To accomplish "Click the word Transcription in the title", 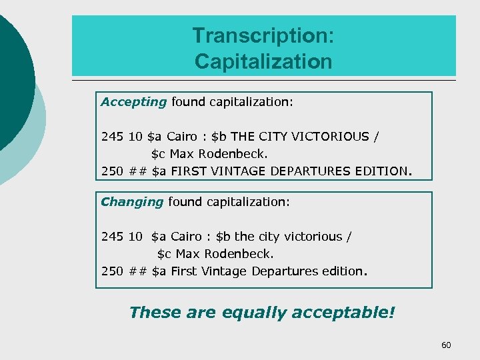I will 263,35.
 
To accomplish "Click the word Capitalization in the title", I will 263,61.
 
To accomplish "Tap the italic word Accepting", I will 133,102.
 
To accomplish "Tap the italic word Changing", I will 132,201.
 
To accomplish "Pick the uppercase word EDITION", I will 384,171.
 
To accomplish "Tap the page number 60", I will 446,345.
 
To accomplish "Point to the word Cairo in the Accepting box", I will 181,137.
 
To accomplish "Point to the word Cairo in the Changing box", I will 186,237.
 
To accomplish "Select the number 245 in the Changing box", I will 112,237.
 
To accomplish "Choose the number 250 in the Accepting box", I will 112,171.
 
